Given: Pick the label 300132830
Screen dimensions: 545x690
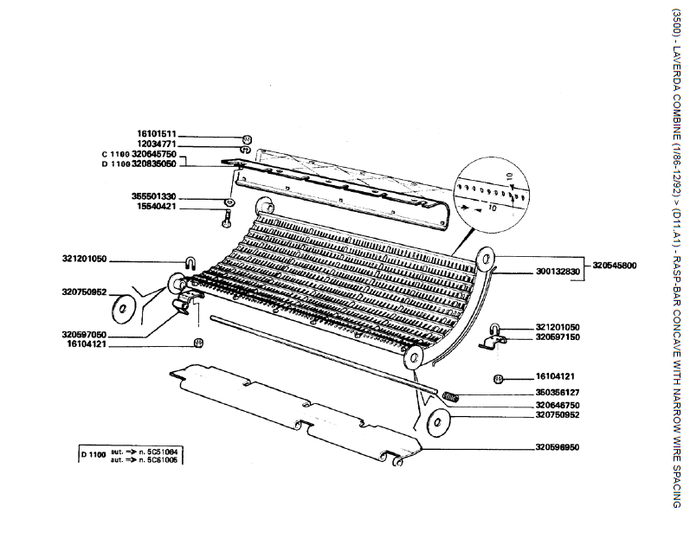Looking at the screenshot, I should (x=557, y=272).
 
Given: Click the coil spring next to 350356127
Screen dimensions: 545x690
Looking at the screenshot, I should (x=451, y=396).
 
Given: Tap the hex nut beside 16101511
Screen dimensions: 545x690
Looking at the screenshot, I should (x=246, y=138).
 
